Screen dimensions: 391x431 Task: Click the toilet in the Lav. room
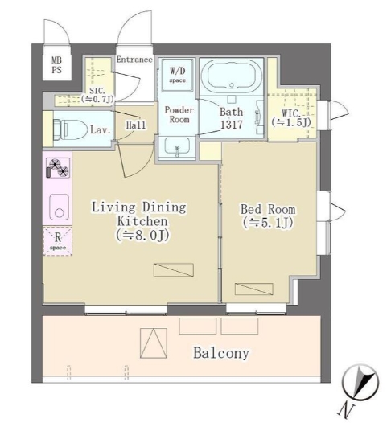click(68, 129)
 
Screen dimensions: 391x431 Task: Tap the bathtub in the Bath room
click(231, 75)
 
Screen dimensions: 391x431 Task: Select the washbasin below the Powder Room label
click(177, 146)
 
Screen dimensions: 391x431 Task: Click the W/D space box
click(177, 75)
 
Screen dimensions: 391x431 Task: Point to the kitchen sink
click(59, 207)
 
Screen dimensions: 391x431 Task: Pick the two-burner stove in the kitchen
click(58, 168)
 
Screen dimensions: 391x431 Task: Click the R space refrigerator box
click(58, 241)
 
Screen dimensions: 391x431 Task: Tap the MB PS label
click(57, 65)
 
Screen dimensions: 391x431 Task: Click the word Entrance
click(134, 60)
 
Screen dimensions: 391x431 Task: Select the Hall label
click(136, 125)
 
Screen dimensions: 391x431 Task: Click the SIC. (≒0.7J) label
click(97, 95)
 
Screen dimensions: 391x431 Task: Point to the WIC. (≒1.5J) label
click(291, 117)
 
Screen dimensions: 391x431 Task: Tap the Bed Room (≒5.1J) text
click(268, 216)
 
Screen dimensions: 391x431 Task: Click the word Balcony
click(221, 353)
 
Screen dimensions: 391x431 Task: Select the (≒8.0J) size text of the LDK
click(142, 236)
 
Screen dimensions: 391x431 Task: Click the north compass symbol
click(360, 383)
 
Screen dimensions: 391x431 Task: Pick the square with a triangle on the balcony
click(154, 343)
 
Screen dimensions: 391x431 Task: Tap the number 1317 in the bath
click(232, 125)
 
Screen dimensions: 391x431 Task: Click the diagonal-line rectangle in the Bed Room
click(253, 289)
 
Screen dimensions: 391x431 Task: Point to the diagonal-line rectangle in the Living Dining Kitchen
click(173, 269)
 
